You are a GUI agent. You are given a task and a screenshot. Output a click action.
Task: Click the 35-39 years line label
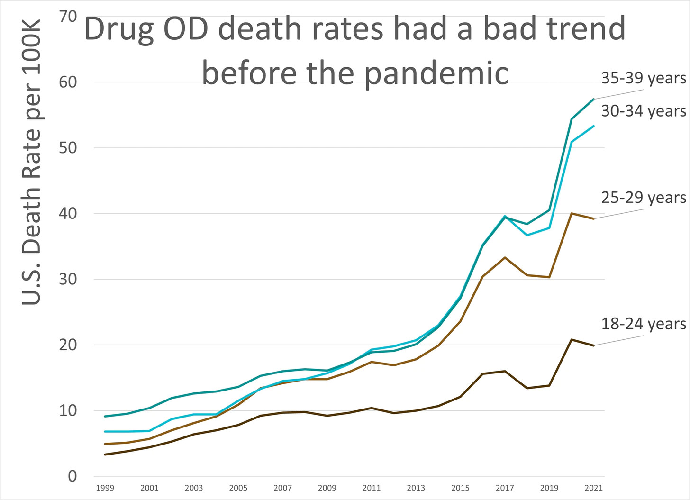pyautogui.click(x=643, y=78)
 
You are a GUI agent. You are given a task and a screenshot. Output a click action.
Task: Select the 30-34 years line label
pyautogui.click(x=643, y=111)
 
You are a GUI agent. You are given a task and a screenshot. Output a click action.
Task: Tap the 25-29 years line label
pyautogui.click(x=643, y=198)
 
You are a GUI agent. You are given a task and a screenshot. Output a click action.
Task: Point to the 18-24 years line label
pyautogui.click(x=643, y=324)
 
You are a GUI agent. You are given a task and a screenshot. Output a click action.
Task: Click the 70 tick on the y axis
pyautogui.click(x=68, y=17)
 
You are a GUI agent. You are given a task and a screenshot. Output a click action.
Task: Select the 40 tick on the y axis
pyautogui.click(x=68, y=214)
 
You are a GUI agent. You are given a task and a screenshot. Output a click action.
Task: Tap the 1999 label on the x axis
pyautogui.click(x=105, y=488)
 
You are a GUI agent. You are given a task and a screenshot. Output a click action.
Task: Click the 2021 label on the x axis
pyautogui.click(x=594, y=488)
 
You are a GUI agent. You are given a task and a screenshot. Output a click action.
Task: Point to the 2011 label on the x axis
pyautogui.click(x=372, y=488)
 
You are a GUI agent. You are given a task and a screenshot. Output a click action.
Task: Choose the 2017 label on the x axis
pyautogui.click(x=505, y=488)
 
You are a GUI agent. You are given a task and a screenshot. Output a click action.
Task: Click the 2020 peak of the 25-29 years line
pyautogui.click(x=572, y=214)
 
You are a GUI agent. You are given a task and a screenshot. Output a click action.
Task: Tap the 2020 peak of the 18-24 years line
pyautogui.click(x=572, y=340)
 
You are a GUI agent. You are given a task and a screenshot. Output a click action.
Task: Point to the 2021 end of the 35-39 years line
pyautogui.click(x=594, y=100)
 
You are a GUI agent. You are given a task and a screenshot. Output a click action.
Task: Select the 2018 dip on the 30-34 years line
pyautogui.click(x=527, y=235)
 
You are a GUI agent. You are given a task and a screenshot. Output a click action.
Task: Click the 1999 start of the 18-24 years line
pyautogui.click(x=105, y=455)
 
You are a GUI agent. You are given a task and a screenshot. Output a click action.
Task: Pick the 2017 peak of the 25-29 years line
pyautogui.click(x=505, y=257)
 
